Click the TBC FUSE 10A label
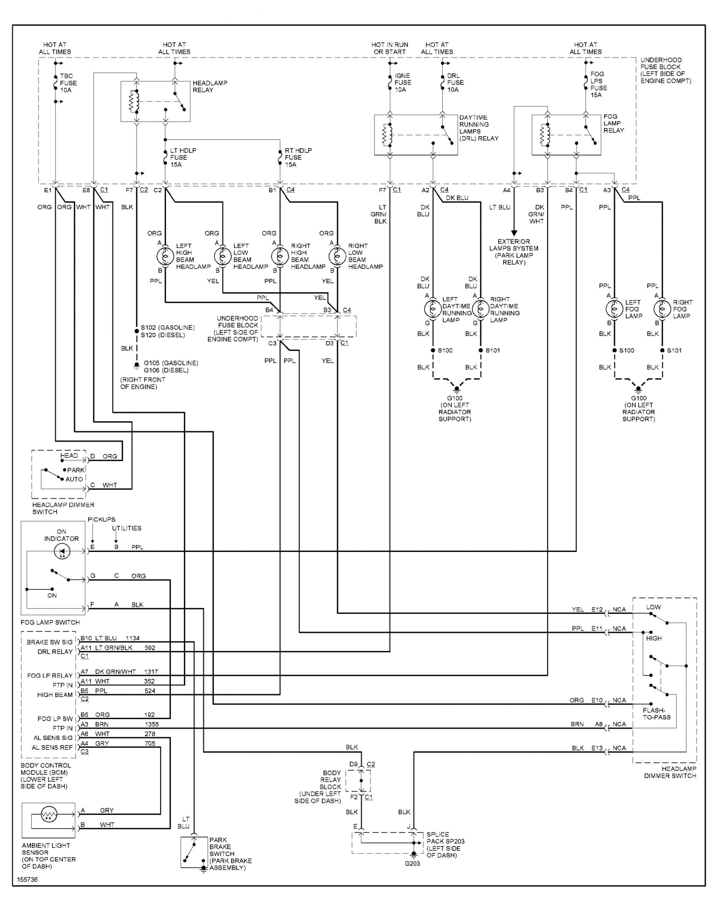[68, 83]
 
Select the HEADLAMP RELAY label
[210, 86]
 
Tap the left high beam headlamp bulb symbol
[165, 256]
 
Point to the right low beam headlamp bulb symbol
[337, 256]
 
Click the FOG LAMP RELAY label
[613, 123]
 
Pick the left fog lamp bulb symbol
[614, 309]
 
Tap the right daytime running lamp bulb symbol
[480, 309]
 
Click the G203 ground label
[412, 863]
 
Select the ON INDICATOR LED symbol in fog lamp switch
[63, 551]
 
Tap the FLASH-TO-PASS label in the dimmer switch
[656, 714]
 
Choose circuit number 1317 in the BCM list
[151, 672]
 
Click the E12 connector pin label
[597, 610]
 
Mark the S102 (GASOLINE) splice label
[167, 327]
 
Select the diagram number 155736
[27, 879]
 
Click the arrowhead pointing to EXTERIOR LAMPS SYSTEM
[514, 233]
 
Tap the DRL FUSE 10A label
[455, 83]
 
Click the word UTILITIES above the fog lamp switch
[127, 528]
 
